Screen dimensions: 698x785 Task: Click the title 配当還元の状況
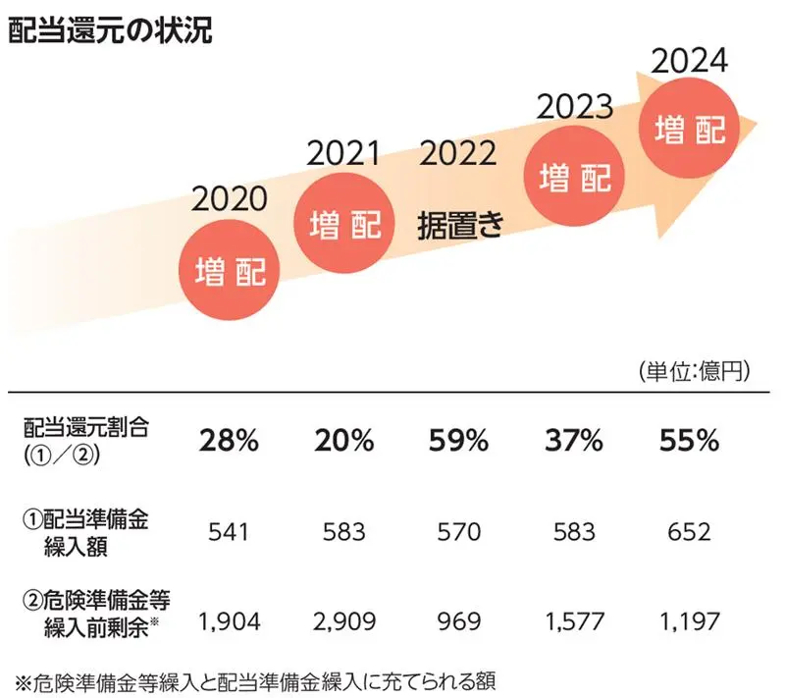pyautogui.click(x=109, y=30)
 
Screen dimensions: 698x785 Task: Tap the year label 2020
pyautogui.click(x=230, y=199)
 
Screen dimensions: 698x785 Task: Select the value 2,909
pyautogui.click(x=344, y=621)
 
